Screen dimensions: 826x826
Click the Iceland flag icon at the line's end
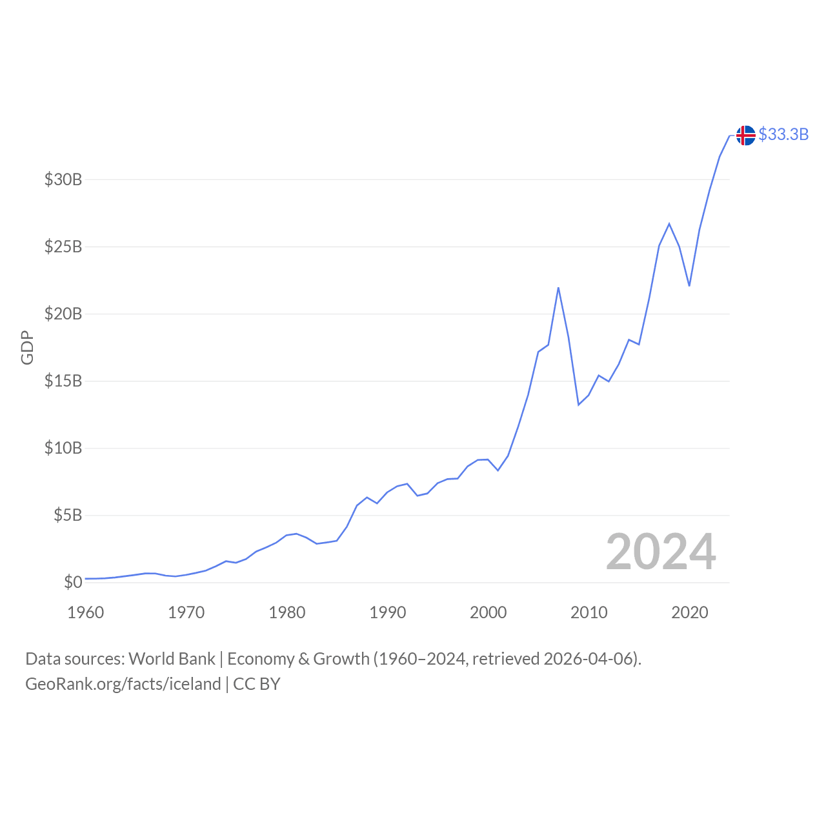click(745, 136)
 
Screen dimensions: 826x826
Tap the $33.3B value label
click(783, 134)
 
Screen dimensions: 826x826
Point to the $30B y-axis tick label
click(63, 179)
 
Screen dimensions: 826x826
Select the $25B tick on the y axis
click(63, 247)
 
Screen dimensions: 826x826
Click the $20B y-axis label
click(63, 314)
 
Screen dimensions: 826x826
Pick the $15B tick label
click(63, 381)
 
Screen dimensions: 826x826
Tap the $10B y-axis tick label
click(63, 448)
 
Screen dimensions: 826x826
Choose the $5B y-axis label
click(68, 515)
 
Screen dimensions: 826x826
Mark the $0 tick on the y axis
click(73, 582)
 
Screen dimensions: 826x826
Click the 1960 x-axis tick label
click(86, 612)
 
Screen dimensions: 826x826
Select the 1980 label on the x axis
click(287, 612)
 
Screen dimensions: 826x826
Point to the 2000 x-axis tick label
click(489, 612)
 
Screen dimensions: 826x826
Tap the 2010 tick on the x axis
click(589, 612)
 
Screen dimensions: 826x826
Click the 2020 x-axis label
click(690, 612)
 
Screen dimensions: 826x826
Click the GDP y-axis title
click(27, 347)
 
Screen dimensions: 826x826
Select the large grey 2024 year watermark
click(661, 552)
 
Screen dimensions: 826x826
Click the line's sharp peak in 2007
click(558, 288)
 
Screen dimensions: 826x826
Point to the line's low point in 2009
click(579, 405)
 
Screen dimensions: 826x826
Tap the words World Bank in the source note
click(172, 659)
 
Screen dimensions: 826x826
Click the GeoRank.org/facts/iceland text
click(123, 684)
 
